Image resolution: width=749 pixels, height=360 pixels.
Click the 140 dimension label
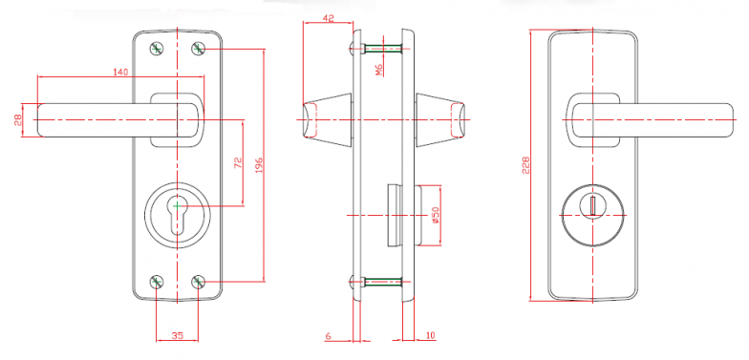coord(120,73)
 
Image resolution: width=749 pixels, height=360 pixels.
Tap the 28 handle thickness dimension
coord(18,120)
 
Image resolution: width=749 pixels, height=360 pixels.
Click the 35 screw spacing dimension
coord(177,336)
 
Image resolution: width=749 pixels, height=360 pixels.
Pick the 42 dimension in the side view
coord(329,19)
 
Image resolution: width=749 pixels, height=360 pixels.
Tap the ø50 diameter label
coord(435,216)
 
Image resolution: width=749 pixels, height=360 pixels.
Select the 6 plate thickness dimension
coord(329,336)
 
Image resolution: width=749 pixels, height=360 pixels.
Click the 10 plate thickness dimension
coord(430,336)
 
